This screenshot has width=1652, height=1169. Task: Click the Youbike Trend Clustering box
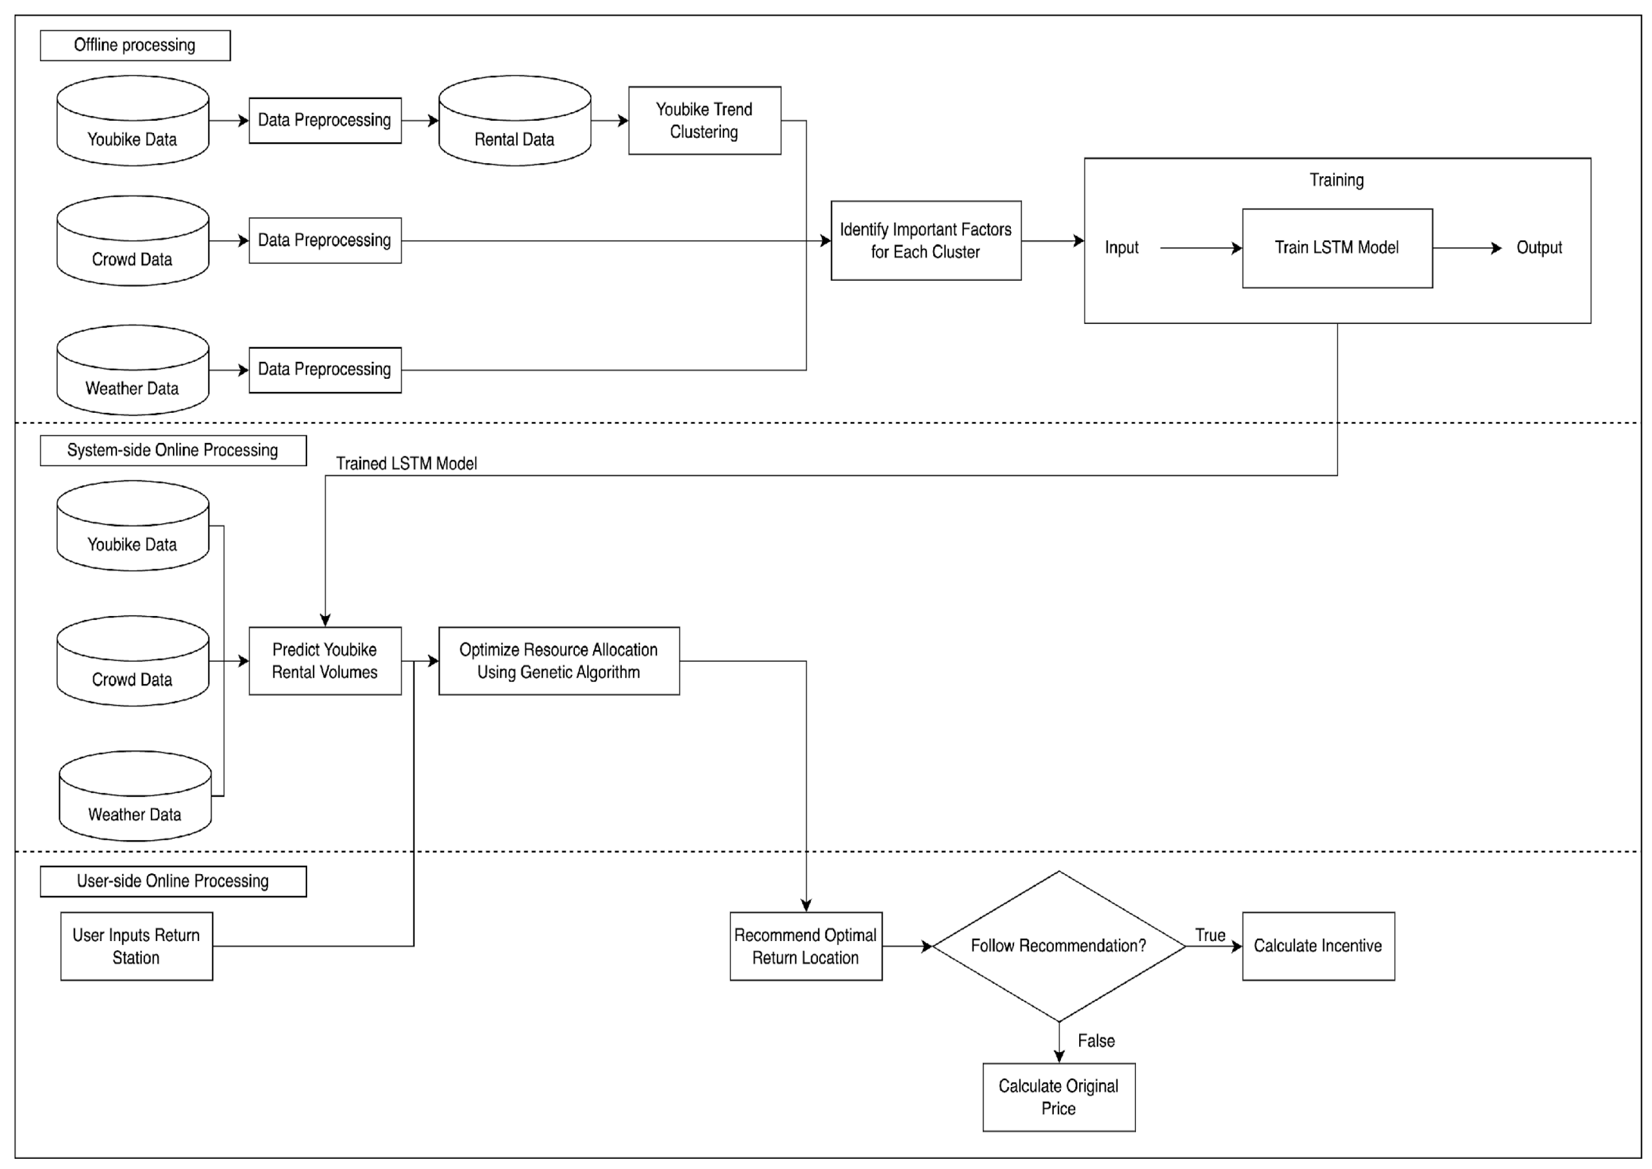click(704, 120)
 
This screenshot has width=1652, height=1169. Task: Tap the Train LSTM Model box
click(1336, 247)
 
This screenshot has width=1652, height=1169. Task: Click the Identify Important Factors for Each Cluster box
click(925, 240)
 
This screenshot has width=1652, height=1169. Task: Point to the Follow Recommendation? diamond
click(1058, 945)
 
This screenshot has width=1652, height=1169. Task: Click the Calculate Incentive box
click(1317, 945)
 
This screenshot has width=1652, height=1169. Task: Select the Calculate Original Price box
click(1058, 1096)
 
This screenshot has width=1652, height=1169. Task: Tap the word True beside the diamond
click(1210, 935)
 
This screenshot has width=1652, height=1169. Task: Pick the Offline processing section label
click(135, 45)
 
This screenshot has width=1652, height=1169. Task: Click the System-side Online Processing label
click(172, 450)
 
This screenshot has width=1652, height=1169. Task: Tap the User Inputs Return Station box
click(136, 945)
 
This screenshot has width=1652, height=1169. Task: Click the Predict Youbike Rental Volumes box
click(324, 660)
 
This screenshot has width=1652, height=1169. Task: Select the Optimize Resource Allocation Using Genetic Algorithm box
click(558, 660)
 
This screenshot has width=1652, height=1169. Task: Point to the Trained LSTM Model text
click(406, 464)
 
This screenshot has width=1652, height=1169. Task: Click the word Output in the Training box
click(1538, 247)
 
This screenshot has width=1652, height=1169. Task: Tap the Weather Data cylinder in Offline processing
click(133, 371)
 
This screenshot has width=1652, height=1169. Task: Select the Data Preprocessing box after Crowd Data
click(324, 240)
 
